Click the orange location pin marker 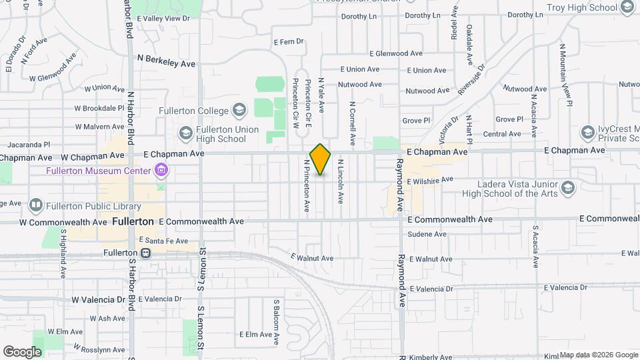pos(321,159)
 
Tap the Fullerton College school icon pos(239,111)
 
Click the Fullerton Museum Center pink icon pos(160,171)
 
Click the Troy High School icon pos(627,7)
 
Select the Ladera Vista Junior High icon pos(567,187)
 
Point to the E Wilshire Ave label pos(430,180)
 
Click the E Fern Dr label pos(289,41)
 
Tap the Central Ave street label pos(502,134)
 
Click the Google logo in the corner pos(22,351)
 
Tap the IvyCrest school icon pos(587,131)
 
